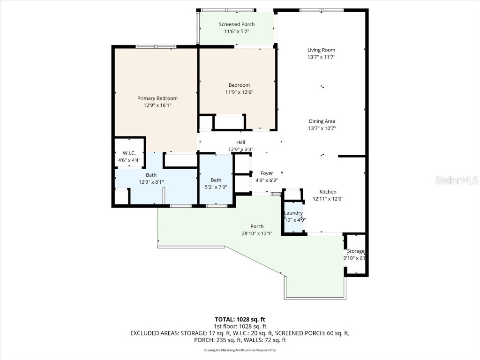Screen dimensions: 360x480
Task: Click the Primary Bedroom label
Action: [157, 98]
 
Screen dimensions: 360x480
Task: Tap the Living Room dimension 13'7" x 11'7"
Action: [321, 57]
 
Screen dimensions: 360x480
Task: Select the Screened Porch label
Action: [237, 24]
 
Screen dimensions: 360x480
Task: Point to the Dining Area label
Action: [322, 121]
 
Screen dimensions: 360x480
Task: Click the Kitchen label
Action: [328, 192]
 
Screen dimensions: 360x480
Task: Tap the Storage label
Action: [355, 251]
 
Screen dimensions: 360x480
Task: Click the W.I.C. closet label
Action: [129, 153]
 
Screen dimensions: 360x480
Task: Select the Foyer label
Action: [267, 173]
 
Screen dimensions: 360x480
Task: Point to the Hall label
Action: [240, 142]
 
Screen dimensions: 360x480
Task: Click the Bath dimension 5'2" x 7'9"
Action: [216, 187]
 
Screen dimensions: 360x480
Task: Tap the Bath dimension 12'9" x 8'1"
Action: [151, 182]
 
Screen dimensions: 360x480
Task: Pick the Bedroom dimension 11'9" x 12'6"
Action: [239, 92]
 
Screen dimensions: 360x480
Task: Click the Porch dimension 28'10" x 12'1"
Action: [256, 233]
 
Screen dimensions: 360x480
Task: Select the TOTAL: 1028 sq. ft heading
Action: [240, 319]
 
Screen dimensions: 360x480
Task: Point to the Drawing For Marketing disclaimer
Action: [240, 350]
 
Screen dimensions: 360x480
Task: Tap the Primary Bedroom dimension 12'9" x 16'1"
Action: [157, 105]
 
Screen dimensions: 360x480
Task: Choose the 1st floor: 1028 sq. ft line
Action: [240, 326]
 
